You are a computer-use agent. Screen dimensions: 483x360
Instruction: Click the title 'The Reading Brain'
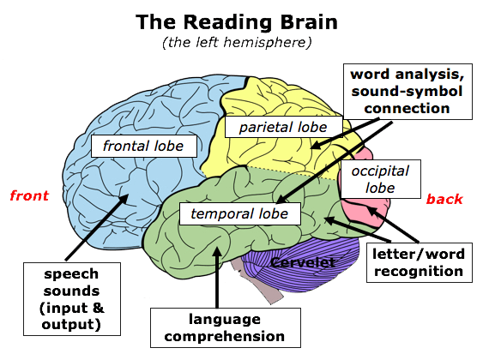click(x=237, y=22)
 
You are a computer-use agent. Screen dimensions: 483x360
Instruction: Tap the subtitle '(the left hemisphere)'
click(x=237, y=42)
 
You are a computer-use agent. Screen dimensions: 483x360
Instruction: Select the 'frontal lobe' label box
click(x=144, y=146)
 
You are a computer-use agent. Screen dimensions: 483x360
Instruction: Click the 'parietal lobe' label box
click(x=284, y=127)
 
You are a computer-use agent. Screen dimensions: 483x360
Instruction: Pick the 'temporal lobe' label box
click(x=240, y=213)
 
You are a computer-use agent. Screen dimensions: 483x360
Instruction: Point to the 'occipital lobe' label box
click(x=380, y=179)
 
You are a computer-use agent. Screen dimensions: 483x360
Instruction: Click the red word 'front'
click(x=29, y=195)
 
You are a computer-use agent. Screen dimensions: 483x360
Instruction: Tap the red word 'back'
click(x=444, y=199)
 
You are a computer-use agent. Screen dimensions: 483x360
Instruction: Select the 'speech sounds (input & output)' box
click(x=72, y=299)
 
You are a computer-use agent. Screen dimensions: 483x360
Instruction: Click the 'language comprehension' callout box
click(x=225, y=328)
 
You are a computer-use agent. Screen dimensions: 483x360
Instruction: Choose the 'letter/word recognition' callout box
click(x=419, y=262)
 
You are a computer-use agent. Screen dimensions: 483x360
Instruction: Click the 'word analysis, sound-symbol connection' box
click(x=408, y=92)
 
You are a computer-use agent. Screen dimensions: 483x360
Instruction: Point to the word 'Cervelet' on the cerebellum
click(x=303, y=262)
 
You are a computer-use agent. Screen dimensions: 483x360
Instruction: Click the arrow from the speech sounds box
click(x=97, y=227)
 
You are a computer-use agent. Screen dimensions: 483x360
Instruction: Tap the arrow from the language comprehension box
click(x=217, y=277)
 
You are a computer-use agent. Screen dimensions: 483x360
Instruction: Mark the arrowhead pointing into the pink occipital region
click(x=371, y=211)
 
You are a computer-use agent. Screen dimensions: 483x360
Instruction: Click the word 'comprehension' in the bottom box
click(x=225, y=337)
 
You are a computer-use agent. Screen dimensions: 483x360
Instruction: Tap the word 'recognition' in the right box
click(x=419, y=272)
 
